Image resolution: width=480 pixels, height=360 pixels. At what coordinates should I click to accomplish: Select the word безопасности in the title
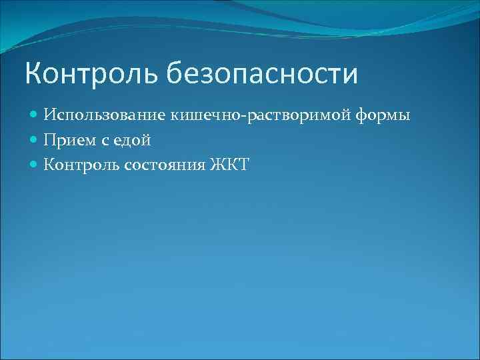(261, 74)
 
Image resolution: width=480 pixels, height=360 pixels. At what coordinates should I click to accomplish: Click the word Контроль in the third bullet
(81, 164)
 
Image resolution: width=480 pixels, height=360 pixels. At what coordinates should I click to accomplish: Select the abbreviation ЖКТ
(229, 164)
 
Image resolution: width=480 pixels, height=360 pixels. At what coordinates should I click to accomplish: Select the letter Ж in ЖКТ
(217, 164)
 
